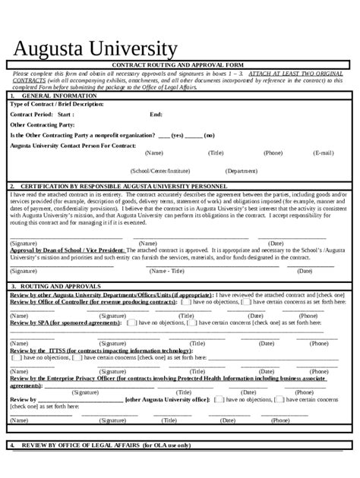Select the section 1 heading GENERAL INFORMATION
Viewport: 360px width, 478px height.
(x=58, y=96)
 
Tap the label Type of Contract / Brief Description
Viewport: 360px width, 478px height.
(x=56, y=104)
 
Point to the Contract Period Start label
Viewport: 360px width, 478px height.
(x=42, y=114)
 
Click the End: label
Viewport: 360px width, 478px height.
(x=156, y=114)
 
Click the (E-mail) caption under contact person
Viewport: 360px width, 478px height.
(x=323, y=153)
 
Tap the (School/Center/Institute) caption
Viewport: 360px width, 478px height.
(x=160, y=171)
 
